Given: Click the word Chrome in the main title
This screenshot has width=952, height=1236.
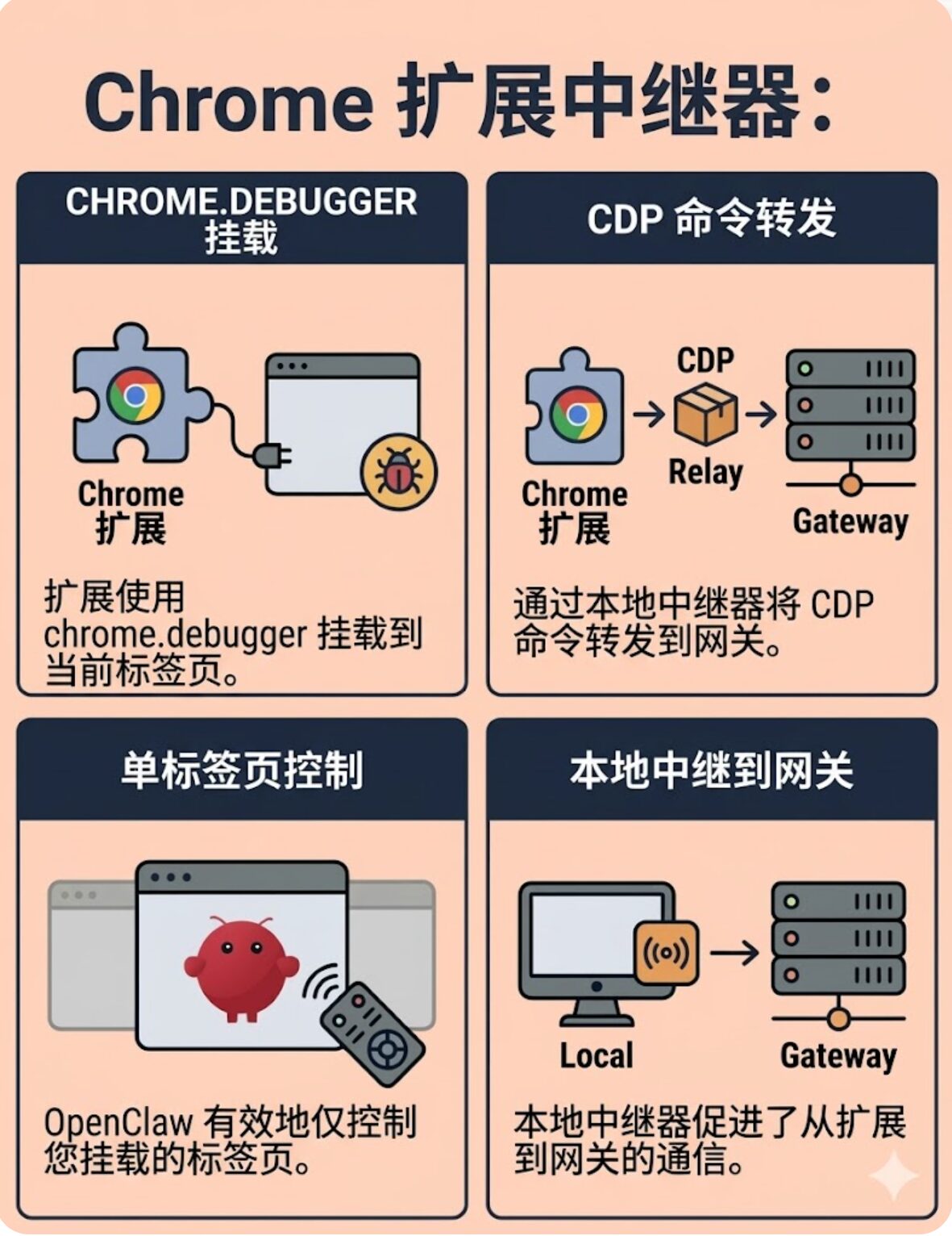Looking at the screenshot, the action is coord(228,103).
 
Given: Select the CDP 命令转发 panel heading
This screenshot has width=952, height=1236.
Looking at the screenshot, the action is coord(712,218).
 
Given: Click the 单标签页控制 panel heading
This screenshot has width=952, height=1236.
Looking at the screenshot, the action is coord(242,770).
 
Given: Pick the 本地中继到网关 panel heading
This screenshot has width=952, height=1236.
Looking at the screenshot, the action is coord(712,770).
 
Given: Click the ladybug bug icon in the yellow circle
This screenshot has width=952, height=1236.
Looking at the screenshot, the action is coord(399,471).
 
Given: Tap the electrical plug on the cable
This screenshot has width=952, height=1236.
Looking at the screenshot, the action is coord(272,456).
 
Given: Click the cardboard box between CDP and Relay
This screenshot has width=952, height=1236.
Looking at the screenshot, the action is coord(705,414).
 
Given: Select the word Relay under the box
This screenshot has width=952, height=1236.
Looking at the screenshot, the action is coord(705,472).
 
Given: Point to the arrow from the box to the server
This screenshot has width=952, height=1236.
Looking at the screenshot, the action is coord(761,414).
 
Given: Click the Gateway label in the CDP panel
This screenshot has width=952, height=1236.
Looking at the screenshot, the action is coord(850,521).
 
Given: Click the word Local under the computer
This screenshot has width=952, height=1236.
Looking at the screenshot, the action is coord(597,1056).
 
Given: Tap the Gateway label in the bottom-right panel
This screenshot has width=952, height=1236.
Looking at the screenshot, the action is coord(838,1056).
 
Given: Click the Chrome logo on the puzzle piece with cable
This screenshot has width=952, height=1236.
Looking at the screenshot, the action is coord(135,395).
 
